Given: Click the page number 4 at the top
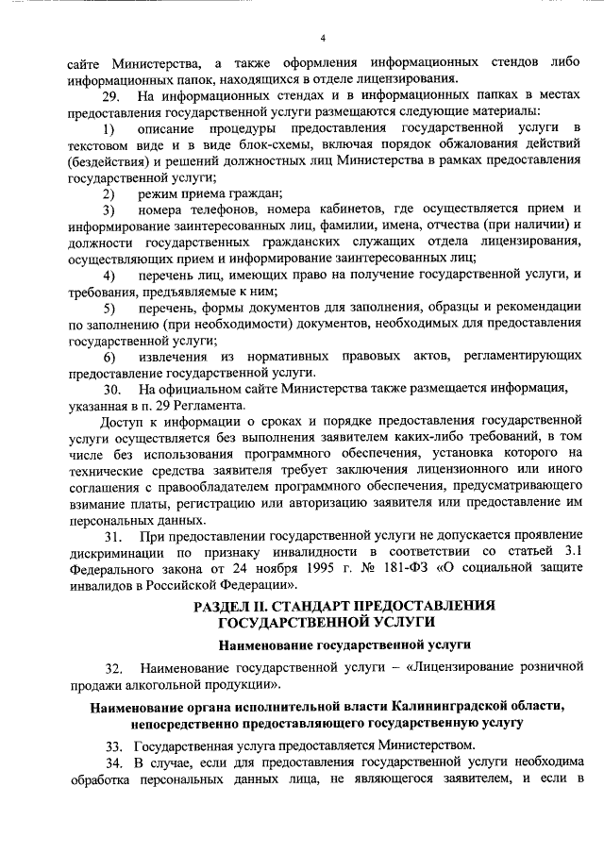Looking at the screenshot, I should [323, 38].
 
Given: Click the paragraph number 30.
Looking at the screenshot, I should [110, 389].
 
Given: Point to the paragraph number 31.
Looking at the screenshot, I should [110, 537].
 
